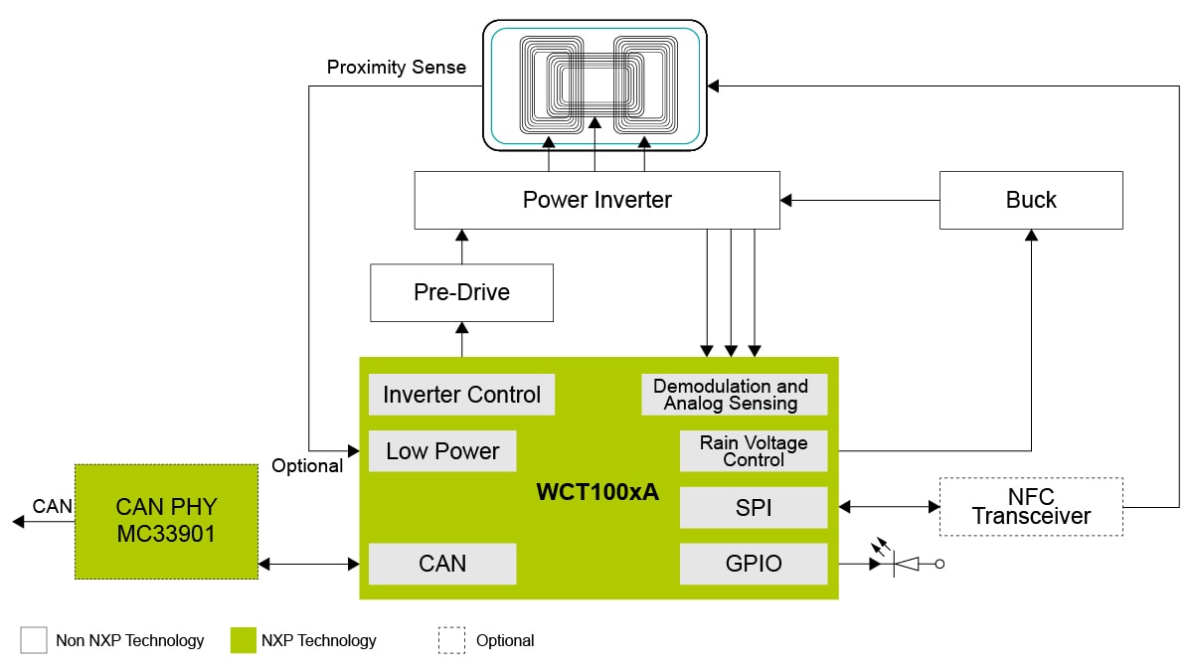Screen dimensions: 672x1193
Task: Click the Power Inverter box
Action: coord(596,200)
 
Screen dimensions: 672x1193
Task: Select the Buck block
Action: coord(1031,200)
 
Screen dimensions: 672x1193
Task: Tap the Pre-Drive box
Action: coord(461,292)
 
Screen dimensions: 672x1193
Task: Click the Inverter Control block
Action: coord(461,395)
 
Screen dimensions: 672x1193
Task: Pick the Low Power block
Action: coord(441,451)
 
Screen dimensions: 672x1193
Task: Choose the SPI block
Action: coord(753,507)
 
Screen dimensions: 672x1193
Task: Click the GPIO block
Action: coord(753,564)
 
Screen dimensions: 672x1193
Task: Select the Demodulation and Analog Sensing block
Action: coord(734,395)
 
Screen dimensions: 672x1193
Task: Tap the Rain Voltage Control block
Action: coord(753,451)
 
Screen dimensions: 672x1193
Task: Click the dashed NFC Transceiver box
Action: coord(1031,507)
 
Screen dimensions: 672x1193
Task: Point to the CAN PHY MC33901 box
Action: coord(166,521)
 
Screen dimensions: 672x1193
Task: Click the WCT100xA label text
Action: coord(597,493)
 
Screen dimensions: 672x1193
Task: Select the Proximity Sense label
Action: coord(396,68)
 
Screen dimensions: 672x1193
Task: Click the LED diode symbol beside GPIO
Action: coord(908,564)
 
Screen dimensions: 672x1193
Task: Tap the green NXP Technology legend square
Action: coord(243,640)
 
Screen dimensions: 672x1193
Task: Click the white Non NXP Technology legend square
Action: coord(34,640)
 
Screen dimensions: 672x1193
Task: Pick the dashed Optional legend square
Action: coord(451,640)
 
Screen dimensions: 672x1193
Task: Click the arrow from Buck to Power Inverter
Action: coord(860,200)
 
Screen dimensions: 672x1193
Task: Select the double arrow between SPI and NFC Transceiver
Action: coord(889,507)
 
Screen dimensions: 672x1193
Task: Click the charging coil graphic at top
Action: coord(595,84)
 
